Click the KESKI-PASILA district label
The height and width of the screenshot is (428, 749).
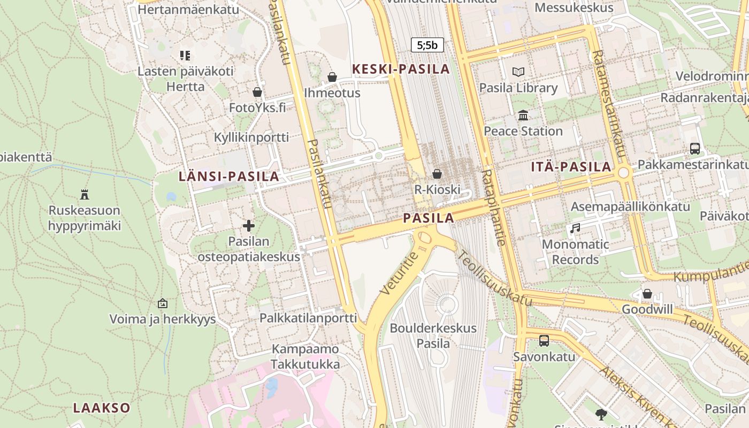pos(401,69)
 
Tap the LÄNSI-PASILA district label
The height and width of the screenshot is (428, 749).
pos(229,176)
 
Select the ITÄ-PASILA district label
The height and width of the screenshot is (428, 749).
pos(571,166)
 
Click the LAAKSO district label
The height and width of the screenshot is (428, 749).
pos(102,408)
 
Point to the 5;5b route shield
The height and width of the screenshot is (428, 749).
pos(427,45)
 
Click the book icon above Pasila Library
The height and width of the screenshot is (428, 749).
pos(518,72)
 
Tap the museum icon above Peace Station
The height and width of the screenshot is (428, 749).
pos(523,115)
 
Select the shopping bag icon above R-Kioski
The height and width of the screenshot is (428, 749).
pos(437,174)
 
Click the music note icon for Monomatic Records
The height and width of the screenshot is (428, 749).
pos(575,228)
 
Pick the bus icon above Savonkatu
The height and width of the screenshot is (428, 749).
pos(544,340)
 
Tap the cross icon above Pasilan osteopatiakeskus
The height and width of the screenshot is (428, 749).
pos(249,226)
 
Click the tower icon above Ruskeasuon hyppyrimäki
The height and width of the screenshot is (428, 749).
pos(84,194)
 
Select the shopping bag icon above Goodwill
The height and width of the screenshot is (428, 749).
pos(647,294)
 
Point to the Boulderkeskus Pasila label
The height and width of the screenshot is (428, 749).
pos(433,335)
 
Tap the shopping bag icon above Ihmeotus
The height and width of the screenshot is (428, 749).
pos(332,77)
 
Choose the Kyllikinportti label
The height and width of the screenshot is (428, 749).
pos(251,137)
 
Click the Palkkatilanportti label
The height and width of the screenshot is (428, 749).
pos(308,318)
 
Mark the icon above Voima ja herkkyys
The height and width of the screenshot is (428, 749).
pos(163,303)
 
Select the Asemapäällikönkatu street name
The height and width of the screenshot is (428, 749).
pos(630,207)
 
